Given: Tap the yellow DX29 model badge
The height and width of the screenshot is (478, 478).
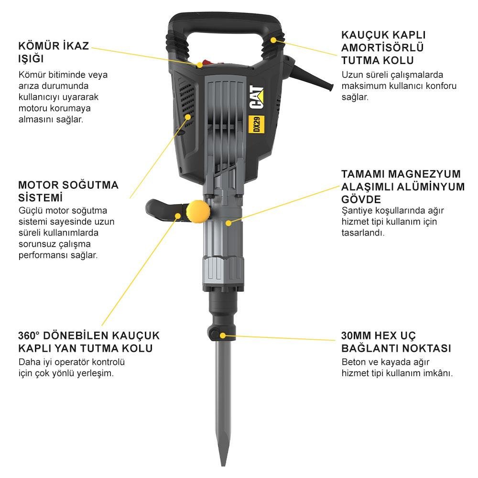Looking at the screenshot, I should tap(257, 125).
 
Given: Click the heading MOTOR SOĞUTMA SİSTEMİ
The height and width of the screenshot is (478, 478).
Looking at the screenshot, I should tap(68, 191).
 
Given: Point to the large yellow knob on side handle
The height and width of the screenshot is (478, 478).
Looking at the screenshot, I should tap(196, 210).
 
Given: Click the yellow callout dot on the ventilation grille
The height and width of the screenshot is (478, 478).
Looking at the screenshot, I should tap(188, 116).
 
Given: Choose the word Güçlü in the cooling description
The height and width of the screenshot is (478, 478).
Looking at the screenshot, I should tap(30, 210).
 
